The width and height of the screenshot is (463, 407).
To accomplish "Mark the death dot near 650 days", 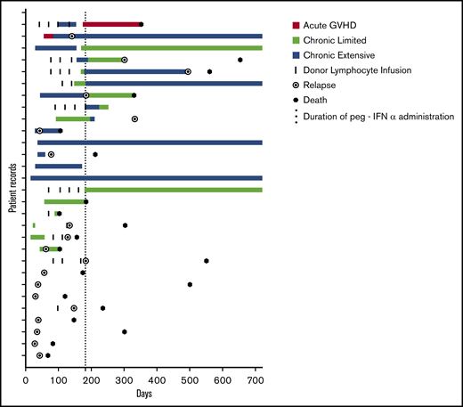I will (240, 60).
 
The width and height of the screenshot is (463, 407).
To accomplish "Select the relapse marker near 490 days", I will (188, 71).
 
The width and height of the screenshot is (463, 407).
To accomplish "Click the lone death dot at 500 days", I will (191, 284).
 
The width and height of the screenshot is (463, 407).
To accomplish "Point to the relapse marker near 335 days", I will (135, 118).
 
